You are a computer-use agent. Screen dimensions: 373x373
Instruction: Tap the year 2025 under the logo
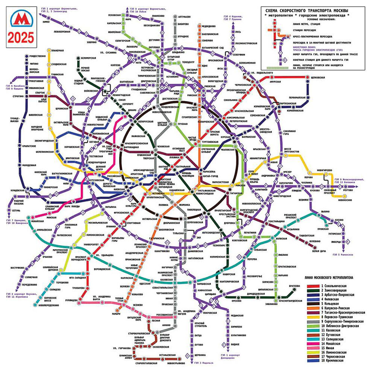(x=22, y=37)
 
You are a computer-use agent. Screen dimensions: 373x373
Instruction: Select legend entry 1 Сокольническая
(x=334, y=285)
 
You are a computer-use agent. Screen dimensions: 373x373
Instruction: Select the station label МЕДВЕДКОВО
(x=209, y=26)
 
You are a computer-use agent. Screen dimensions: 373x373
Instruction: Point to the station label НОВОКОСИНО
(x=345, y=200)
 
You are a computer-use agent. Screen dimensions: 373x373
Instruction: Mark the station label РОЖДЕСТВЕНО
(x=37, y=56)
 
